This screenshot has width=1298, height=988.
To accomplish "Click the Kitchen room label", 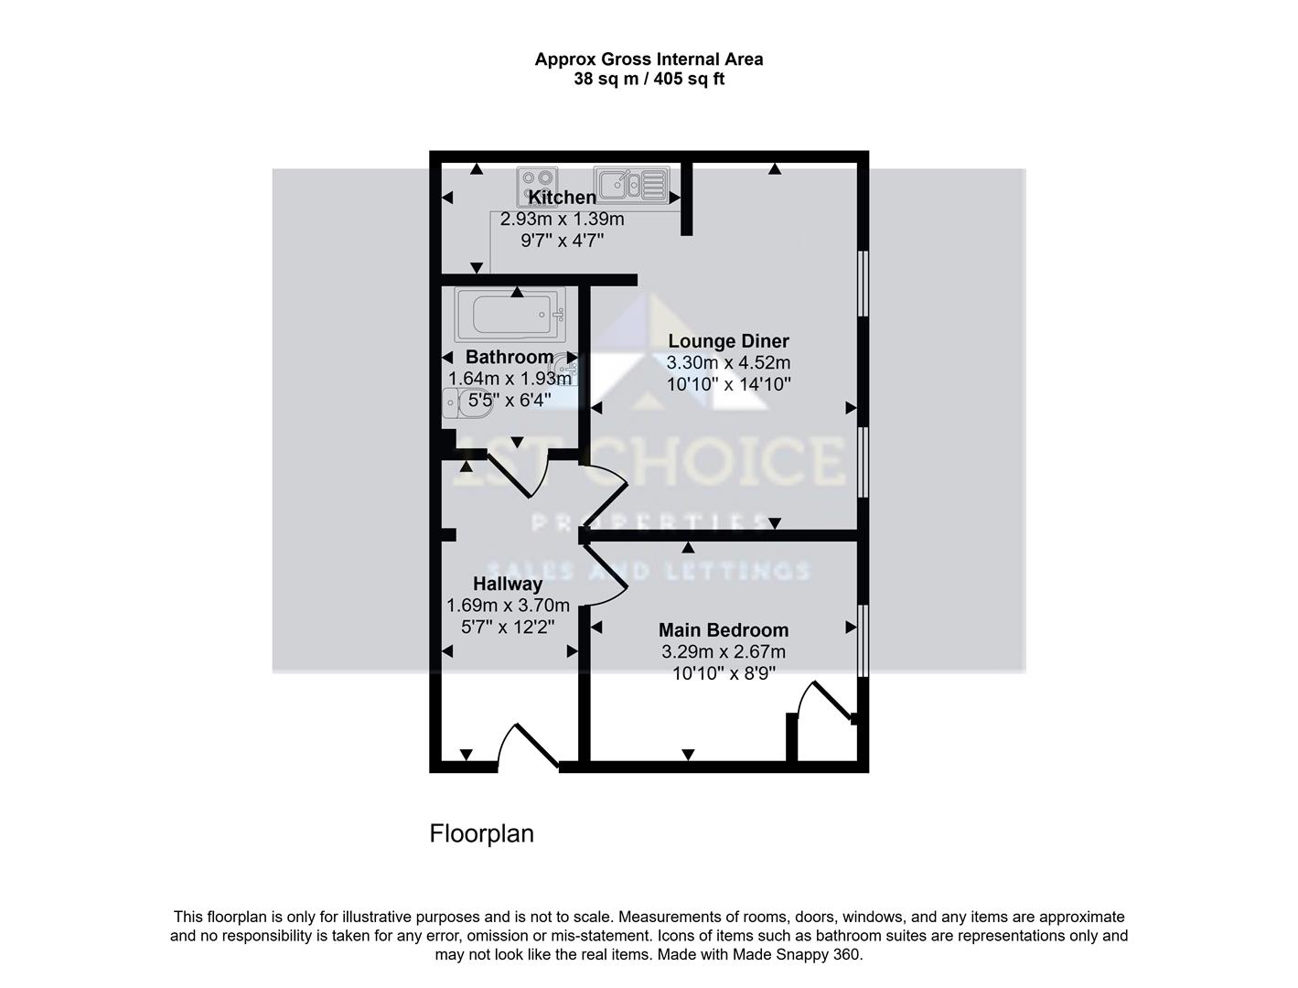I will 562,198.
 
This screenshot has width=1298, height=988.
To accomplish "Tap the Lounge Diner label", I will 728,341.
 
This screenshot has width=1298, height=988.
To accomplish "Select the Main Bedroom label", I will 724,630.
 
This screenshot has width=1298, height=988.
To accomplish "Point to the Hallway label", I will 508,584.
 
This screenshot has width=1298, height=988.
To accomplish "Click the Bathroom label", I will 510,357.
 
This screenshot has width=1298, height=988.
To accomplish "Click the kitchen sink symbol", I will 631,183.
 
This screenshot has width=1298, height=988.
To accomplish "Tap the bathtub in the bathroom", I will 510,315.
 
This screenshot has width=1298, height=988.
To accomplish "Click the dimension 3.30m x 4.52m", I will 728,363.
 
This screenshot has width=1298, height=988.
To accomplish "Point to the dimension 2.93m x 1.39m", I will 562,220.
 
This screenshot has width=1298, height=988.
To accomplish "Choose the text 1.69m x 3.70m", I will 508,606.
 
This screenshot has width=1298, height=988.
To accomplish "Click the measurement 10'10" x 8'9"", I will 724,674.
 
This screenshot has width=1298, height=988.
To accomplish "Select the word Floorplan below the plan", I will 481,834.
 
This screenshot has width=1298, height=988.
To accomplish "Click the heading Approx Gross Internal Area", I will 649,59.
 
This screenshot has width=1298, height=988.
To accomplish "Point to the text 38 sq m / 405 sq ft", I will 649,79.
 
